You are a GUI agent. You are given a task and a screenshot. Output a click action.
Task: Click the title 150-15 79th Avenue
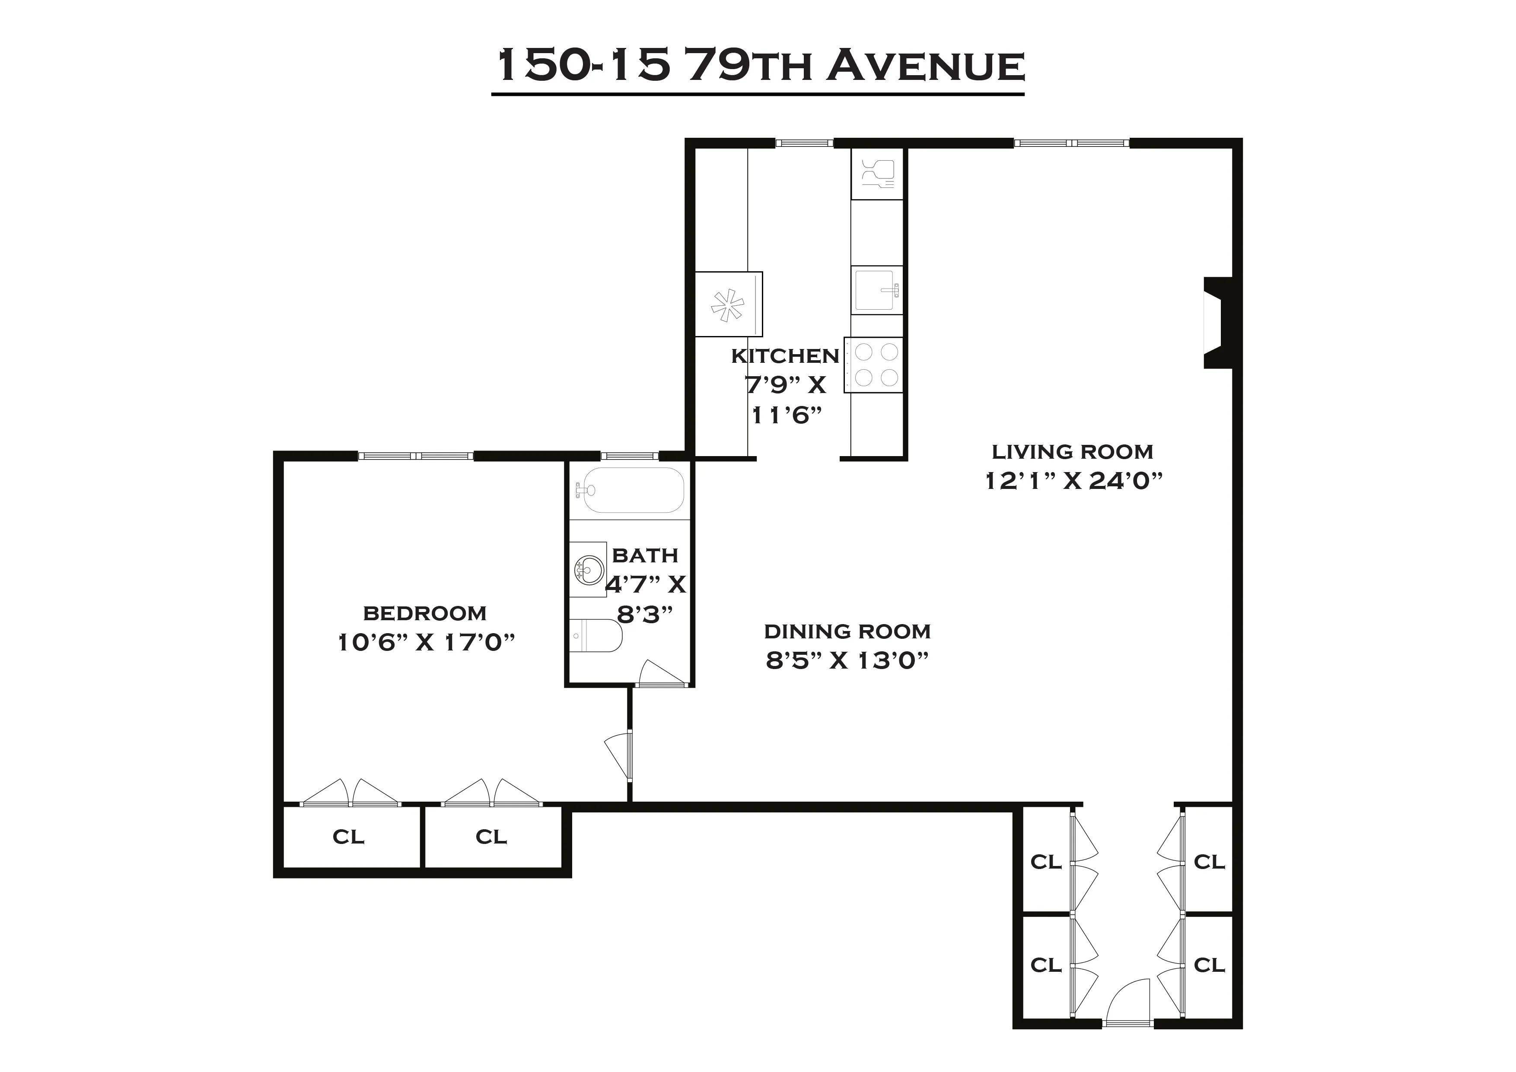coord(759,66)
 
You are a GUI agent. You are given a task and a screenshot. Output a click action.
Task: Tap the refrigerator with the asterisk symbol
coord(728,304)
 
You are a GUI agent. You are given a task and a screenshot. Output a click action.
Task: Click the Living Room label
coord(1072,452)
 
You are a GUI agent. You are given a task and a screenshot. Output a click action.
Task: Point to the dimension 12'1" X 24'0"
coord(1072,481)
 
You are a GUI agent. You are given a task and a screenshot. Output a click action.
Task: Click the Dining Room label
coord(847,632)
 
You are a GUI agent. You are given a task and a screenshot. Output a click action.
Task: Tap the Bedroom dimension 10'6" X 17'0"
coord(426,642)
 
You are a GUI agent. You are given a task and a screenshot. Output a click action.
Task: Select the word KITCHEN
coord(784,356)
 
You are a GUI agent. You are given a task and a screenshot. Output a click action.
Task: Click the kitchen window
coord(803,143)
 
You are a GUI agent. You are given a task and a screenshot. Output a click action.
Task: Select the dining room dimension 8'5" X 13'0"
coord(847,661)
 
